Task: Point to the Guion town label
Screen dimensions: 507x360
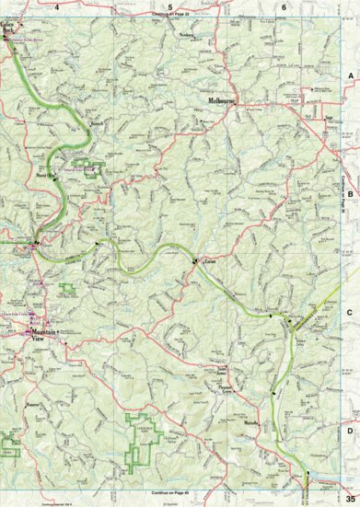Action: (208, 260)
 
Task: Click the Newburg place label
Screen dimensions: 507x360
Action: (190, 36)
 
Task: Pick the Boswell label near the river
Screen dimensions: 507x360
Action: (95, 146)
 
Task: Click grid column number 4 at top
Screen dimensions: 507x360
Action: (57, 6)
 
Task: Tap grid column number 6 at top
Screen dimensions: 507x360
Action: (284, 6)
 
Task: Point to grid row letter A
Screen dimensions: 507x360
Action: (349, 77)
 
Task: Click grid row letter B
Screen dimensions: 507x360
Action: (349, 194)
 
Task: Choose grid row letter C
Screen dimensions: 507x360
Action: (349, 313)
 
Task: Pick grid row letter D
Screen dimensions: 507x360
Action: (349, 430)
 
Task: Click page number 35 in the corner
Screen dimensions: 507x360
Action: (350, 498)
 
